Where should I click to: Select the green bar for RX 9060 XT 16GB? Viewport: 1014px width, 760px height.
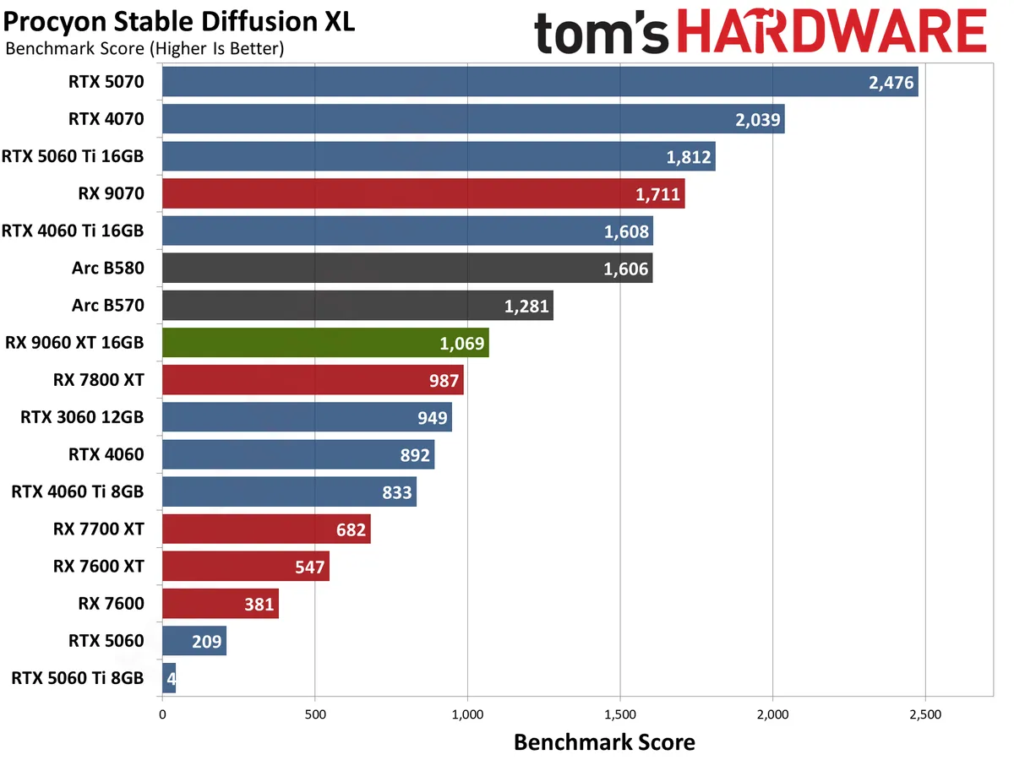[324, 343]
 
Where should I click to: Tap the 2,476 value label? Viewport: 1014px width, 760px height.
[891, 83]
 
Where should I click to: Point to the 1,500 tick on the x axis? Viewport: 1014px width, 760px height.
[620, 714]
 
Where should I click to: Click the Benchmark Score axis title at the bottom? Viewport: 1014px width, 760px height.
[604, 742]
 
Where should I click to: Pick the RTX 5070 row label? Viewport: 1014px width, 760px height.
[106, 82]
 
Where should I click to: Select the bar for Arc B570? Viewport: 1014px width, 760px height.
[357, 306]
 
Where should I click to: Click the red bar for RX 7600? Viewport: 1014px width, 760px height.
[220, 603]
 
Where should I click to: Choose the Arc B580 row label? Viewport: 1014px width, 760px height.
[108, 269]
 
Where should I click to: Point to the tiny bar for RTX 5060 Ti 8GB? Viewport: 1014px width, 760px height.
[168, 678]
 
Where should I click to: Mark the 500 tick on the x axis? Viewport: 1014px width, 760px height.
[314, 714]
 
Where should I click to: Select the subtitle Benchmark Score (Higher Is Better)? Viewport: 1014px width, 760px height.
[144, 49]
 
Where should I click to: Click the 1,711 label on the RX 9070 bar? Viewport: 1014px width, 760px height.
[657, 194]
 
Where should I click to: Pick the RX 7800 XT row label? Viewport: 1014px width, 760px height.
[98, 380]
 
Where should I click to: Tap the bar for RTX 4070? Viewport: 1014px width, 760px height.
[472, 119]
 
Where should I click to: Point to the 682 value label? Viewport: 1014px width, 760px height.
[351, 529]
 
